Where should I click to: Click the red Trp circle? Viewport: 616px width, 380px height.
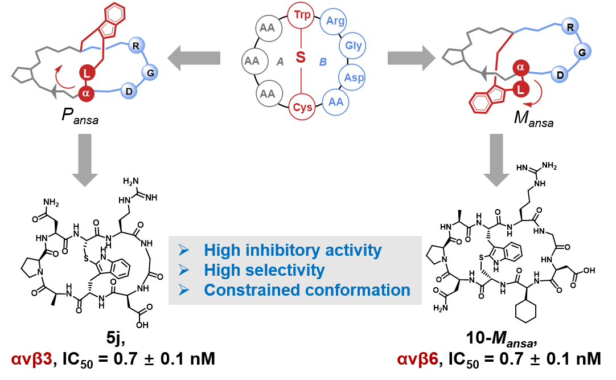(x=301, y=15)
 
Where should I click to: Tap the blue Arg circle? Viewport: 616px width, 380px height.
(x=335, y=21)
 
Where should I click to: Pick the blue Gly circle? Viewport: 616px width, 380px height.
(x=352, y=46)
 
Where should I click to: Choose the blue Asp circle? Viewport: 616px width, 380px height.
(x=353, y=77)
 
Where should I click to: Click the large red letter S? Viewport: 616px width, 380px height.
(x=301, y=58)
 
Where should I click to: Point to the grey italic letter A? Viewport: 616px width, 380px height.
(x=280, y=62)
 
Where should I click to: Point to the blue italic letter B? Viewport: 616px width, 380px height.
(x=323, y=62)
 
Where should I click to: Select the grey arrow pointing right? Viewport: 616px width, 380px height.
(x=411, y=58)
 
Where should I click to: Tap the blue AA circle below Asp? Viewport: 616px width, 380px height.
(x=336, y=102)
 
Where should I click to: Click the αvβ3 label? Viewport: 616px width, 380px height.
(x=32, y=360)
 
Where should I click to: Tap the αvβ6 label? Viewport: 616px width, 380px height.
(x=418, y=360)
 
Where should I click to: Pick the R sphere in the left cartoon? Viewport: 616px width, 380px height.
(x=135, y=46)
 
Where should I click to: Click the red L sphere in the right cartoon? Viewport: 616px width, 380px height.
(x=519, y=89)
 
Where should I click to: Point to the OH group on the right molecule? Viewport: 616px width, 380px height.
(x=589, y=270)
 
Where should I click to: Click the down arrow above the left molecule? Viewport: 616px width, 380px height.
(x=85, y=160)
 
